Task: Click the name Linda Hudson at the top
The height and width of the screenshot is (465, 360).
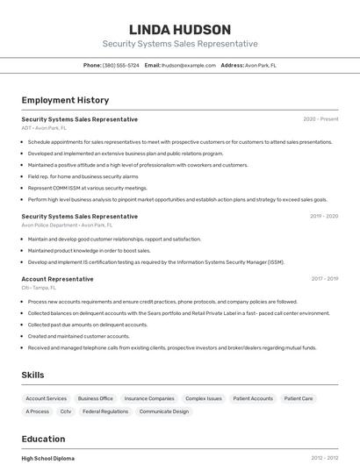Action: click(179, 29)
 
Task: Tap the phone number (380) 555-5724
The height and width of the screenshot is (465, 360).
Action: click(120, 65)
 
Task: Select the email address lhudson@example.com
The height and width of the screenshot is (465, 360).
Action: click(190, 65)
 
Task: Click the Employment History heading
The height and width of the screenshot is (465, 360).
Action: click(65, 100)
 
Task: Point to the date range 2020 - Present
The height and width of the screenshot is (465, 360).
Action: click(320, 119)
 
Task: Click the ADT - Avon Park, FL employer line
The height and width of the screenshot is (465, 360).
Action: click(44, 128)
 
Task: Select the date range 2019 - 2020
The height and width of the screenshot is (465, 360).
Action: click(324, 216)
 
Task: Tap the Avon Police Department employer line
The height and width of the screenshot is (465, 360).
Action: click(62, 225)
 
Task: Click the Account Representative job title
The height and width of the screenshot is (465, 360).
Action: click(57, 279)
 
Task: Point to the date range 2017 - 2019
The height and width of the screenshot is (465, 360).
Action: click(324, 279)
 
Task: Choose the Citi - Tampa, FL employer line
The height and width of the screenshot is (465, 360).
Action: click(39, 288)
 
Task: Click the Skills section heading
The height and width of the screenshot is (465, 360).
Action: click(32, 375)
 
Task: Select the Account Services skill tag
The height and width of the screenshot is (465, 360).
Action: click(45, 398)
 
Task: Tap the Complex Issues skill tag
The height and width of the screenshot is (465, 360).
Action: click(203, 398)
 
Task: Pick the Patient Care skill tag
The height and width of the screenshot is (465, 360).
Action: click(299, 398)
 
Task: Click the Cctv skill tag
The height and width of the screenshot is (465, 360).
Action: click(66, 411)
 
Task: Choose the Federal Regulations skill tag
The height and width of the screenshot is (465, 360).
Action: click(105, 411)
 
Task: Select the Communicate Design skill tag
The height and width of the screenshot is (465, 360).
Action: click(163, 411)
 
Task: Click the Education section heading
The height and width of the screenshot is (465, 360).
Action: click(43, 438)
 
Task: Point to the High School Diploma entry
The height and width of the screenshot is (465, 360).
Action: click(48, 458)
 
